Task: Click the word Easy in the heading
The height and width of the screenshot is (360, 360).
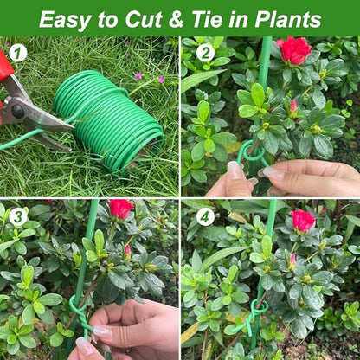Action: (67, 18)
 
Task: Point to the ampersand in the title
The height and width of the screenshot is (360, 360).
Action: (175, 18)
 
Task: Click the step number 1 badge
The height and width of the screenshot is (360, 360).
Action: (18, 54)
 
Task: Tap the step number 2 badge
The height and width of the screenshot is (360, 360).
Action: (205, 52)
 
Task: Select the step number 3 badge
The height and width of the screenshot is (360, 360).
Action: (18, 216)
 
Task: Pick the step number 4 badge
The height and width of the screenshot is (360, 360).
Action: (205, 216)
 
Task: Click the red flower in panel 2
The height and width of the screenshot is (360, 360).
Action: (295, 49)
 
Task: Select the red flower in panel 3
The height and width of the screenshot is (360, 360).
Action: (120, 209)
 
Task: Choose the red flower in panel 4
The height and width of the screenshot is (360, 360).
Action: (303, 220)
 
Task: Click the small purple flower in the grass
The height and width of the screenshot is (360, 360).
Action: (138, 76)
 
